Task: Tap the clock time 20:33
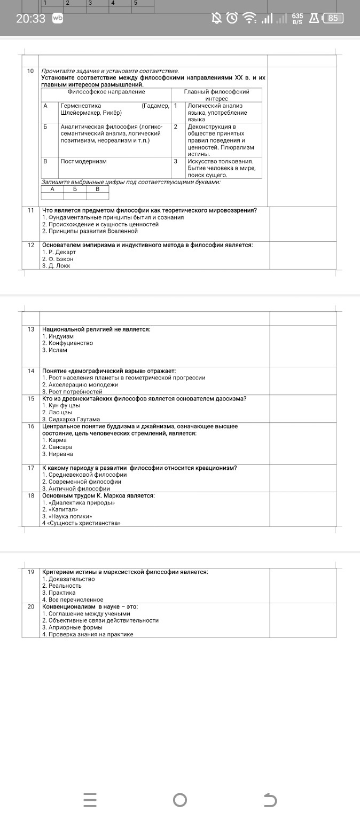(x=30, y=18)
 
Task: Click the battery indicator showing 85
(x=333, y=18)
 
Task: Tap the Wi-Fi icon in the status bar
(x=248, y=19)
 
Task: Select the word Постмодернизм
(x=83, y=161)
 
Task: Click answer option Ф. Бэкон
(x=60, y=258)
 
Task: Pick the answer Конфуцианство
(x=69, y=343)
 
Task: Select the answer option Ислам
(x=57, y=350)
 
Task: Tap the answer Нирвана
(x=60, y=454)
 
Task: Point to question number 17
(x=31, y=468)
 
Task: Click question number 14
(x=31, y=370)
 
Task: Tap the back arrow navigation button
(x=271, y=800)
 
